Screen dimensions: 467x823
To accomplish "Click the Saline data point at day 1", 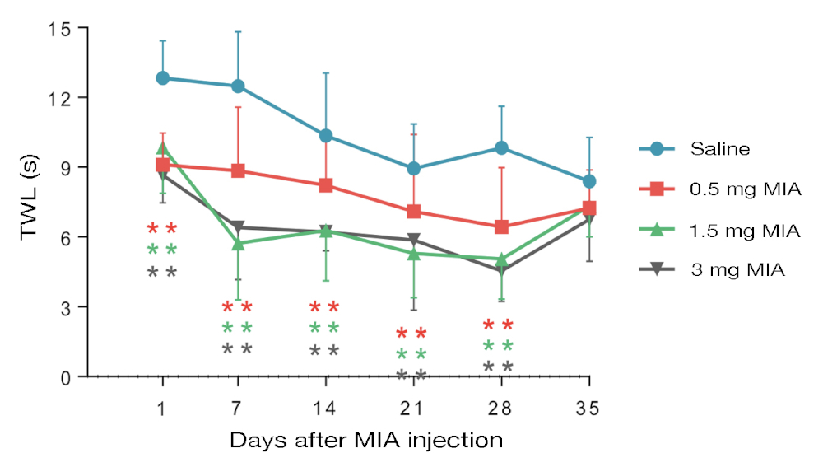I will tap(163, 78).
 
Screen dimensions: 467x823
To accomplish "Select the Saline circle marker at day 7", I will tap(238, 86).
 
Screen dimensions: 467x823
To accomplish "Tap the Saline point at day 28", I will tap(500, 148).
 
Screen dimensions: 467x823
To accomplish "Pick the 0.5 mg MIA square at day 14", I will tap(327, 185).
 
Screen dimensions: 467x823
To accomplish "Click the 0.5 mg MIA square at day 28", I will tap(500, 226).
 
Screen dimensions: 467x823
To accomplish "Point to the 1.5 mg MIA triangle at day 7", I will tap(238, 244).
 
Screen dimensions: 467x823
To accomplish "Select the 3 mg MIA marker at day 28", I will tap(500, 271).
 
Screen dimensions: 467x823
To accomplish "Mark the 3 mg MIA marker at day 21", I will tap(414, 241).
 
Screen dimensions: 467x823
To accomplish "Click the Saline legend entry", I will tap(720, 149).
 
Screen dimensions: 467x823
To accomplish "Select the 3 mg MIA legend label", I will tap(738, 269).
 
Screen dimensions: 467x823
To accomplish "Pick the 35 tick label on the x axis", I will tap(588, 408).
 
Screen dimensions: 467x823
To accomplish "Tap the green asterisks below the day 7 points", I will tap(237, 329).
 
